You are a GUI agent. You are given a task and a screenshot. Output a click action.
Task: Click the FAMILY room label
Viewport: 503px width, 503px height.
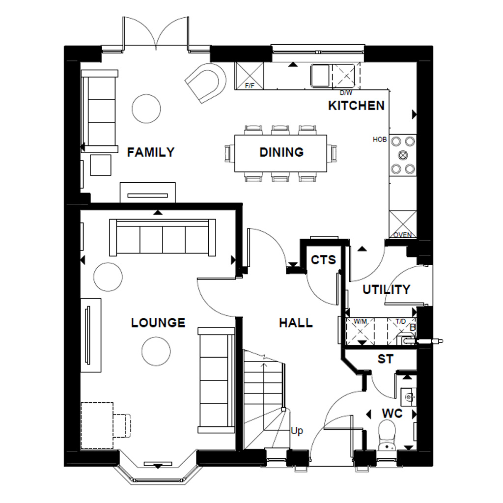tap(151, 152)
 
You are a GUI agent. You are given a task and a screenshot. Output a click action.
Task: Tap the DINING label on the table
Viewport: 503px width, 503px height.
tap(281, 152)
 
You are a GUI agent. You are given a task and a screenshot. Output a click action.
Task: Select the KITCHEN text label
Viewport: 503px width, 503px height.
tap(356, 106)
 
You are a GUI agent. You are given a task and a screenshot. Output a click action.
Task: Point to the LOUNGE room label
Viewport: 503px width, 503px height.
tap(158, 323)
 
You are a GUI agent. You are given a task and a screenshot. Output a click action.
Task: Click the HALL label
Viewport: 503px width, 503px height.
tap(296, 323)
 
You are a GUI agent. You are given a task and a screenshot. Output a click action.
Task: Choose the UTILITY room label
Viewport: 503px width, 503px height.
tap(386, 290)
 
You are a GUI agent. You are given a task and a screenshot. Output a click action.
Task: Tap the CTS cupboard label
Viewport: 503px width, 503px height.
tap(323, 259)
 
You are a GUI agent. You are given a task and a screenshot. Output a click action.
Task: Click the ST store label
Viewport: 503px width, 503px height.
tap(385, 359)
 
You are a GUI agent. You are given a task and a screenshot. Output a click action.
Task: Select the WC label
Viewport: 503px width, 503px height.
tap(392, 414)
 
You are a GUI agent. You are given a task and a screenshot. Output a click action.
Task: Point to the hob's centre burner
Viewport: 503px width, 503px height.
tap(403, 155)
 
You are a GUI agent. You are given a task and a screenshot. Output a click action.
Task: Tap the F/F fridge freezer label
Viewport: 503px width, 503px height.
tap(250, 86)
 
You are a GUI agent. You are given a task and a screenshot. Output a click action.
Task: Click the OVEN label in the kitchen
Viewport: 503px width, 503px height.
tap(402, 235)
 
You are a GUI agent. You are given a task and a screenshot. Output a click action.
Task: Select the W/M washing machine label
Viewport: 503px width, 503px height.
tap(361, 322)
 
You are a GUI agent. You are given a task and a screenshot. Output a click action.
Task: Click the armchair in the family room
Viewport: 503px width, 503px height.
tap(206, 83)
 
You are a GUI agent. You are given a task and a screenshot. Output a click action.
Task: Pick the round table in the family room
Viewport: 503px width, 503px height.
tap(146, 109)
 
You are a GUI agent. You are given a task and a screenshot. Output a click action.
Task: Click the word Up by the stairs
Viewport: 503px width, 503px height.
tap(297, 431)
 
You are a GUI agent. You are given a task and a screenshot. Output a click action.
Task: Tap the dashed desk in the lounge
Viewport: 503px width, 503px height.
tap(97, 425)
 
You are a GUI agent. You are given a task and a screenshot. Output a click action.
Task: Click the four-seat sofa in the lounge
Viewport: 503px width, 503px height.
tap(163, 238)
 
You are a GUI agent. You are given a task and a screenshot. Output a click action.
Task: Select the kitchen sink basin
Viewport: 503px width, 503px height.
tap(320, 76)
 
